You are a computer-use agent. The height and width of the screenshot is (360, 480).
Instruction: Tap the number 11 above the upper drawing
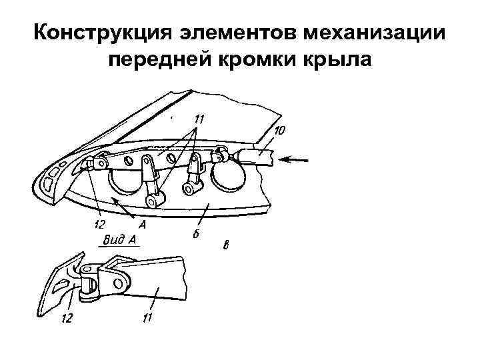[x=199, y=119]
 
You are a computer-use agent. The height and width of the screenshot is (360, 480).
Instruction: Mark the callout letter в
[x=227, y=247]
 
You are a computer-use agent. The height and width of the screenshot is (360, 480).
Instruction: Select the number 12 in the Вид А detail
[x=66, y=319]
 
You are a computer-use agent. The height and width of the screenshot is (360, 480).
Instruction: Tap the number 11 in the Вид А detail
[x=147, y=319]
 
